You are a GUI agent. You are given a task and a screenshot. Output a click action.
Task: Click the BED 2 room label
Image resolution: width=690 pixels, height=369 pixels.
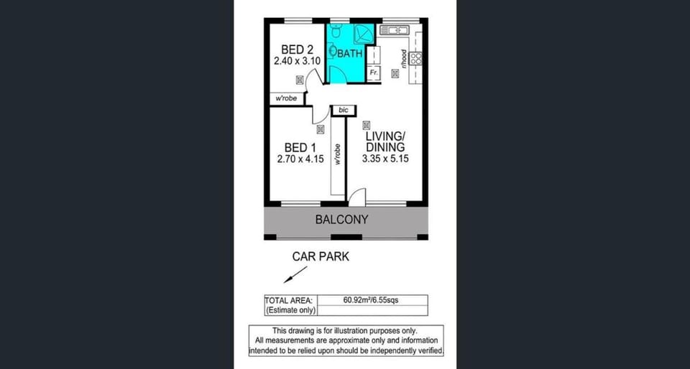point(297,50)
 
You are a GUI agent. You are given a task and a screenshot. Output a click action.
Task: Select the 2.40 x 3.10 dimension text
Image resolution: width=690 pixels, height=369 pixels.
point(297,62)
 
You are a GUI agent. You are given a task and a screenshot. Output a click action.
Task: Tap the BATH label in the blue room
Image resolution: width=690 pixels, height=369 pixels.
point(350,54)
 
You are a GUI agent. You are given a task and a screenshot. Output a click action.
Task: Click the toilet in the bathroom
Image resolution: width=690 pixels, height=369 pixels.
point(336,31)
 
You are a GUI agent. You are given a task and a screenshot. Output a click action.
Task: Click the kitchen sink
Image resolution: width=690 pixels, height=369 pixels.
point(395,30)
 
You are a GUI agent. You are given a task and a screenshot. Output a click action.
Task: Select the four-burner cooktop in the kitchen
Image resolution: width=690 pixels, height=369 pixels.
point(416,58)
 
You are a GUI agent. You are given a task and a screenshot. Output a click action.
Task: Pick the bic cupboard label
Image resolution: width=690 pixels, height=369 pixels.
point(344,111)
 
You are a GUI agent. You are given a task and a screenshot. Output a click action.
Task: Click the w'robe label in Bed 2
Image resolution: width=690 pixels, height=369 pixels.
point(286,99)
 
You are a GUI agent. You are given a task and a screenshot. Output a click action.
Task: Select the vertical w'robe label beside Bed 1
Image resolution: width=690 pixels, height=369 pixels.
point(338,154)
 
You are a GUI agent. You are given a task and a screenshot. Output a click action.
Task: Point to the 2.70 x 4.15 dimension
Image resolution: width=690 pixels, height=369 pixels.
point(300,159)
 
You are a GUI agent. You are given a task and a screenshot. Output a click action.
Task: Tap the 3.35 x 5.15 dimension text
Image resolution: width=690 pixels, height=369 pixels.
point(385,159)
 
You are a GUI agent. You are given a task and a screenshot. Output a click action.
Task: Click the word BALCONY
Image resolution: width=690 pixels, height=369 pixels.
point(342,220)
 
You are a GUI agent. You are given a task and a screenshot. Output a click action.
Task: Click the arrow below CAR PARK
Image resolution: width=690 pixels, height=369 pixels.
point(295,274)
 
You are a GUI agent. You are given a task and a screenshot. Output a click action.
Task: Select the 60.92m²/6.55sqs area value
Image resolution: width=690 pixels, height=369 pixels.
point(373,301)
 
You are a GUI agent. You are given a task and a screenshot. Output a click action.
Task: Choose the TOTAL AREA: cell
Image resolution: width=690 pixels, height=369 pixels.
point(289,301)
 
